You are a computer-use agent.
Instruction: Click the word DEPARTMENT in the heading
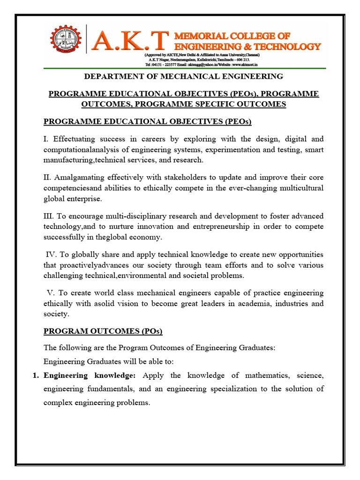tap(113, 76)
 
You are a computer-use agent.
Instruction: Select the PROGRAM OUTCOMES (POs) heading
tap(103, 331)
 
